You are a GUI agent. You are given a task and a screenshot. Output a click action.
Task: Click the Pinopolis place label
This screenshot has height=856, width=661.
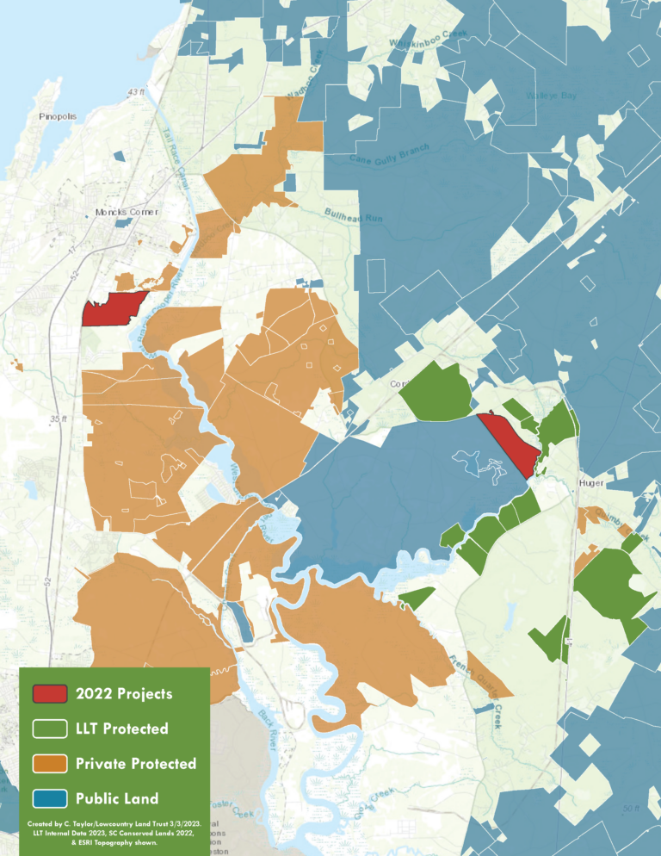click(x=58, y=115)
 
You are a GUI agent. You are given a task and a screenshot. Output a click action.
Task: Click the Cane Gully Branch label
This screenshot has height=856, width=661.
click(x=389, y=156)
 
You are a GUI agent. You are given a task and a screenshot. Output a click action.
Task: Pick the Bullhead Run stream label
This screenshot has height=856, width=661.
click(x=352, y=214)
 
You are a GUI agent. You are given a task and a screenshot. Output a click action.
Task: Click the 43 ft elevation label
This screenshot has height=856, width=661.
click(x=136, y=91)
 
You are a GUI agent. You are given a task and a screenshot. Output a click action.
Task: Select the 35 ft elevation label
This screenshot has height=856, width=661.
click(x=57, y=419)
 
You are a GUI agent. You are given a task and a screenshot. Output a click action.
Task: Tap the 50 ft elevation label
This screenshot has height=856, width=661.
click(x=631, y=807)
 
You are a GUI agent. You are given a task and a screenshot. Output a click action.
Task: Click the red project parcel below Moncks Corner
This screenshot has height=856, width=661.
click(x=114, y=308)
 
